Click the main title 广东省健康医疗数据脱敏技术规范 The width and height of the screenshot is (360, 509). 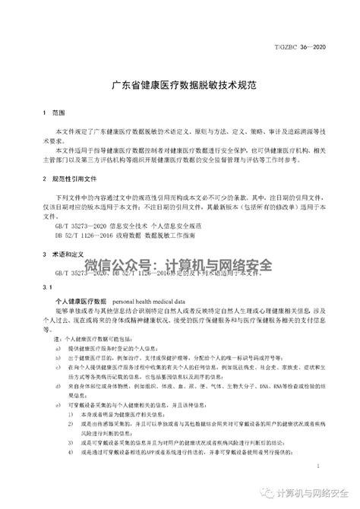(x=179, y=85)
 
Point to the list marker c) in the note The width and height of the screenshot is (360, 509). (x=58, y=366)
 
